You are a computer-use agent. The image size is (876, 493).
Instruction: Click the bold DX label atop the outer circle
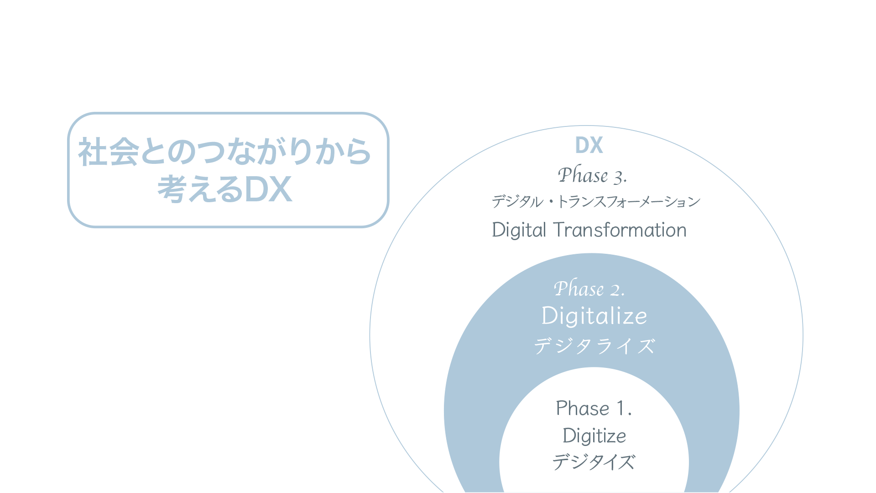point(589,145)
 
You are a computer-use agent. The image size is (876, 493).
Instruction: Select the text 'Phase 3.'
point(592,175)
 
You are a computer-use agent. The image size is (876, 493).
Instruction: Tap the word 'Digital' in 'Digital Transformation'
point(519,230)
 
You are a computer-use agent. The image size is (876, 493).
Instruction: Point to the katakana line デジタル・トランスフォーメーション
point(596,201)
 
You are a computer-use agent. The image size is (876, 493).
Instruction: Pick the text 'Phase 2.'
point(589,288)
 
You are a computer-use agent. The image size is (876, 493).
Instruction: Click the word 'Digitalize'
point(594,316)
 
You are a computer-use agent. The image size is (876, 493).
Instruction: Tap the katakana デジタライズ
point(594,346)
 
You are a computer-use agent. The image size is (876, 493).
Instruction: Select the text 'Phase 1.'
point(594,408)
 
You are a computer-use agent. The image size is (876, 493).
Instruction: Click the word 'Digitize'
point(594,435)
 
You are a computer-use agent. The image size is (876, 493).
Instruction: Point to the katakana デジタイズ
point(594,462)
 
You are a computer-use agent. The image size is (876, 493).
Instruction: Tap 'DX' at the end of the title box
point(268,189)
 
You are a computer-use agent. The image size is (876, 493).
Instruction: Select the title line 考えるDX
point(224,189)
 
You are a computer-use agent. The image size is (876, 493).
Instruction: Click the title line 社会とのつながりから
point(224,152)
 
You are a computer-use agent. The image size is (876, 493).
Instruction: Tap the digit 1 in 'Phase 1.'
point(620,408)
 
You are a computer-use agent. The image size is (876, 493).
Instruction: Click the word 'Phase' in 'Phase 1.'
point(583,408)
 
